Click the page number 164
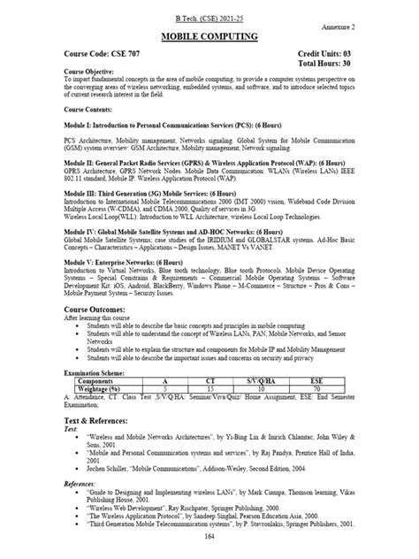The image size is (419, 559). pos(209,538)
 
